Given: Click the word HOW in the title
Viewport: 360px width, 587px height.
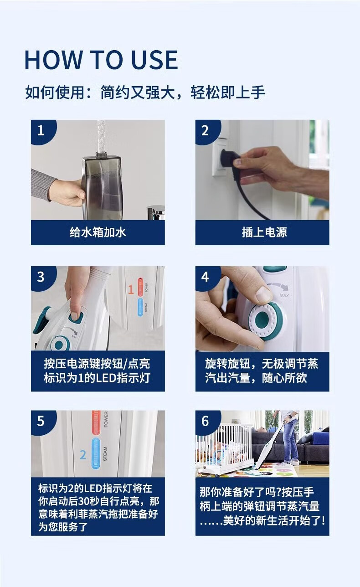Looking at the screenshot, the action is (x=53, y=60).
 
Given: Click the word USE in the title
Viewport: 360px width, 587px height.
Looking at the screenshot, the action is (x=154, y=60).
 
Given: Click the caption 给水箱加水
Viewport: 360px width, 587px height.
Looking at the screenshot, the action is (x=98, y=232).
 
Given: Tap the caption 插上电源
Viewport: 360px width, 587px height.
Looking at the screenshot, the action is (x=264, y=232).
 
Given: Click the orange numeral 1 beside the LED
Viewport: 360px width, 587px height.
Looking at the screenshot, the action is (x=131, y=289).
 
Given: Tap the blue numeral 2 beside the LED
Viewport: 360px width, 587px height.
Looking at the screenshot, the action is (x=83, y=455).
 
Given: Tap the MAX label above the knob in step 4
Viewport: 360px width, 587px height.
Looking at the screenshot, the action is (x=284, y=295).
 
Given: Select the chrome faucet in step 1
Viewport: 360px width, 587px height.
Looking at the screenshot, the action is (x=156, y=212).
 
